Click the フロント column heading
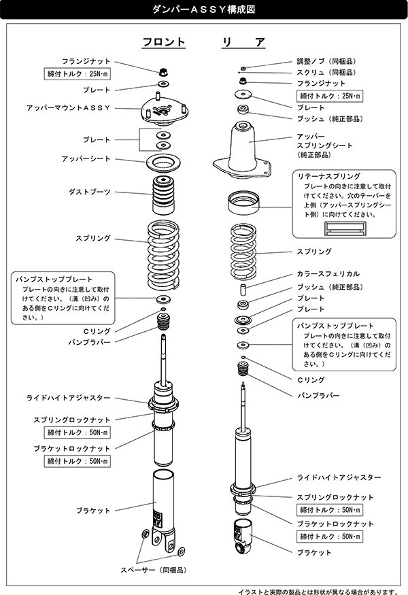(x=163, y=42)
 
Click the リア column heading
(x=243, y=42)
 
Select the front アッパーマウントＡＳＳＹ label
(x=68, y=108)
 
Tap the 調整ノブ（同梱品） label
(x=326, y=61)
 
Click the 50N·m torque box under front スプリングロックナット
(x=78, y=432)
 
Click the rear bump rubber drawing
(x=243, y=371)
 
